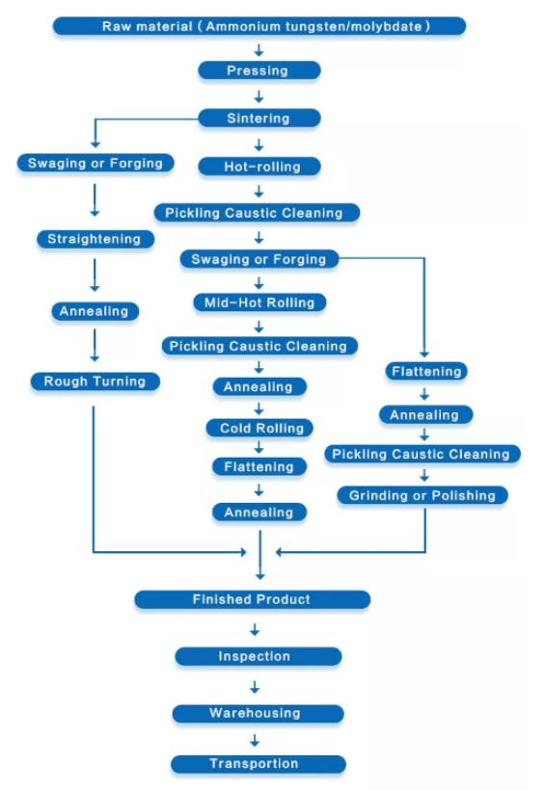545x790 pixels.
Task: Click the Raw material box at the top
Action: pyautogui.click(x=259, y=26)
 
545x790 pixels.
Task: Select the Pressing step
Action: pyautogui.click(x=259, y=70)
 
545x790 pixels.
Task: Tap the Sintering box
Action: pyautogui.click(x=259, y=118)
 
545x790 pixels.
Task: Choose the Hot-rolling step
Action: pyautogui.click(x=259, y=167)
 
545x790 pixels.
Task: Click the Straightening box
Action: pyautogui.click(x=95, y=239)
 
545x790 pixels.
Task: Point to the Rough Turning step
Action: pyautogui.click(x=95, y=382)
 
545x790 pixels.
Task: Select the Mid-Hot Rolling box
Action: pyautogui.click(x=259, y=303)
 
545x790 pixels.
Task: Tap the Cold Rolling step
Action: pyautogui.click(x=259, y=429)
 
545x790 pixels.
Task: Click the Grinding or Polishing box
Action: pyautogui.click(x=422, y=495)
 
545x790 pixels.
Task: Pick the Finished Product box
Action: pyautogui.click(x=252, y=599)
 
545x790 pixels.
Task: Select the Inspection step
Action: pyautogui.click(x=258, y=656)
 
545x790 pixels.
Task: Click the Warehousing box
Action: pyautogui.click(x=258, y=714)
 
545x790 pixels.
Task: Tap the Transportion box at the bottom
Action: pyautogui.click(x=258, y=764)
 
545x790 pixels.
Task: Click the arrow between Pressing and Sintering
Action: pyautogui.click(x=259, y=95)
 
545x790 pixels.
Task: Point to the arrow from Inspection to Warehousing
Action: pyautogui.click(x=255, y=687)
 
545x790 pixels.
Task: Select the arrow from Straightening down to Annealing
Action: pyautogui.click(x=95, y=276)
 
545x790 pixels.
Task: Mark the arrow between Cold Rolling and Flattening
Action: pyautogui.click(x=259, y=447)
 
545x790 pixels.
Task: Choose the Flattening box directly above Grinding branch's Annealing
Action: pyautogui.click(x=426, y=371)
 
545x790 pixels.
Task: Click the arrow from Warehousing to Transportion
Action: pyautogui.click(x=255, y=740)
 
